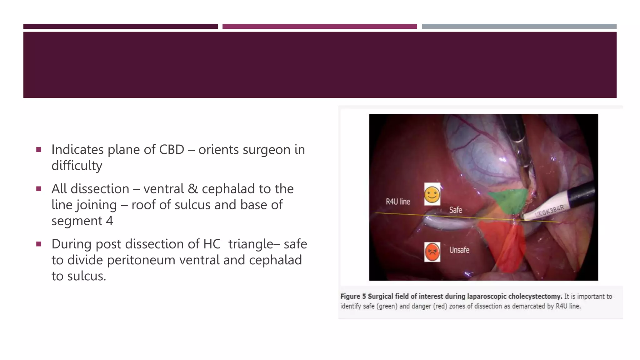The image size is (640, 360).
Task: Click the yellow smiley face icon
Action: (432, 194)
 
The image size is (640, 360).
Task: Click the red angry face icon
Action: (432, 252)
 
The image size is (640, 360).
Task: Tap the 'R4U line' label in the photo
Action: (398, 202)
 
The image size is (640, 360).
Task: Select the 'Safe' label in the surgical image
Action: (456, 210)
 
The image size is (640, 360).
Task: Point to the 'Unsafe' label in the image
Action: (459, 250)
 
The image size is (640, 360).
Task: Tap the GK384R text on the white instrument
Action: (552, 210)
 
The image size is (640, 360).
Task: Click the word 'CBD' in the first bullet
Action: (172, 150)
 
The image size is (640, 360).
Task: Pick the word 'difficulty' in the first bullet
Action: (77, 166)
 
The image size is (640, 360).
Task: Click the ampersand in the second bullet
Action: (193, 189)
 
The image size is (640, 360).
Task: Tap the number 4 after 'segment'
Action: (109, 221)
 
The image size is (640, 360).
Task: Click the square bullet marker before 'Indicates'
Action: (39, 150)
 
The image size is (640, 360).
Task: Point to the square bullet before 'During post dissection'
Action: (39, 244)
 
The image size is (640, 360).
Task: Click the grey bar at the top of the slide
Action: (519, 27)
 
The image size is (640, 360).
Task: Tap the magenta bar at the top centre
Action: (319, 27)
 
